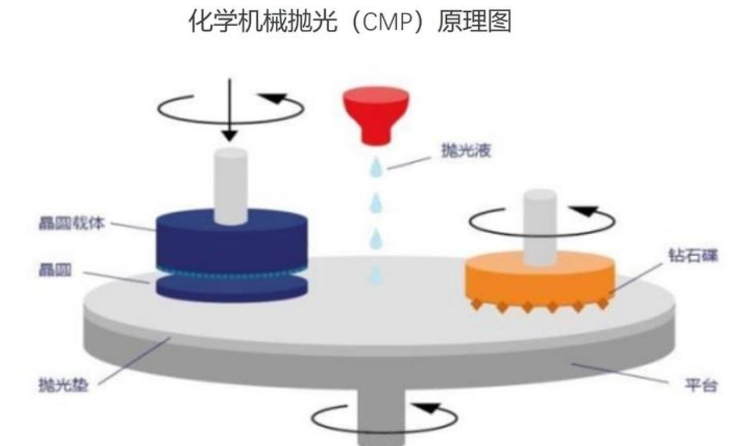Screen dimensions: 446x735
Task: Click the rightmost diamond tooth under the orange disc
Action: pos(603,303)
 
